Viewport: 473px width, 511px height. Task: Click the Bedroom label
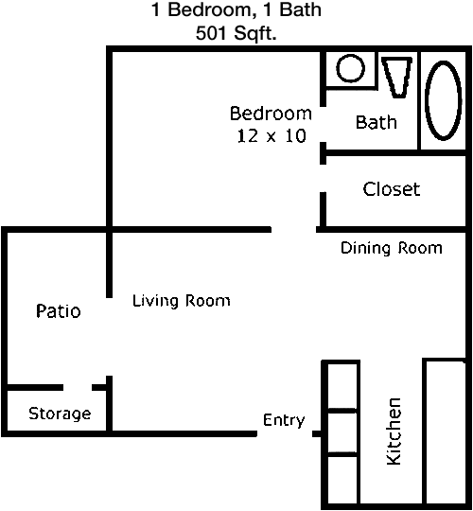(x=271, y=114)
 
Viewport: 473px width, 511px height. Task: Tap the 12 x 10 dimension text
(x=272, y=135)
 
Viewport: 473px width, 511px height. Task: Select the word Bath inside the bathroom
(x=377, y=122)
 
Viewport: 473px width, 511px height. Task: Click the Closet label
(x=392, y=189)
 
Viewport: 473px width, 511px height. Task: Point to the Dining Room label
(x=392, y=248)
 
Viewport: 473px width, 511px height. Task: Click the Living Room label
(x=181, y=301)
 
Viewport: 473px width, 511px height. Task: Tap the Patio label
(x=59, y=311)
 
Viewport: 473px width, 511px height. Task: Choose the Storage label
(x=60, y=414)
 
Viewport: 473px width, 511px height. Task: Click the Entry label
(x=284, y=420)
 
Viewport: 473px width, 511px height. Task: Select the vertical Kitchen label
(x=394, y=432)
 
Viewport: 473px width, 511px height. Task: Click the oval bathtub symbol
(x=444, y=100)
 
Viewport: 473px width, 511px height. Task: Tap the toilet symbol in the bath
(x=397, y=78)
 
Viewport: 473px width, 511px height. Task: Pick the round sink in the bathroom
(x=351, y=68)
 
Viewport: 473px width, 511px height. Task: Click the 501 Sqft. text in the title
(x=236, y=33)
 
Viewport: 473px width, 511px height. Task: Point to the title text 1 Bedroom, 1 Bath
(x=236, y=9)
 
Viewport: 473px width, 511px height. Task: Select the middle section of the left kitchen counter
(x=342, y=432)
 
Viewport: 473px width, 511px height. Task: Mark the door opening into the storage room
(x=78, y=387)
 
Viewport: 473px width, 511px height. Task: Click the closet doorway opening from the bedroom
(x=323, y=178)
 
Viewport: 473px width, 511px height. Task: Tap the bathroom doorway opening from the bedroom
(x=323, y=124)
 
